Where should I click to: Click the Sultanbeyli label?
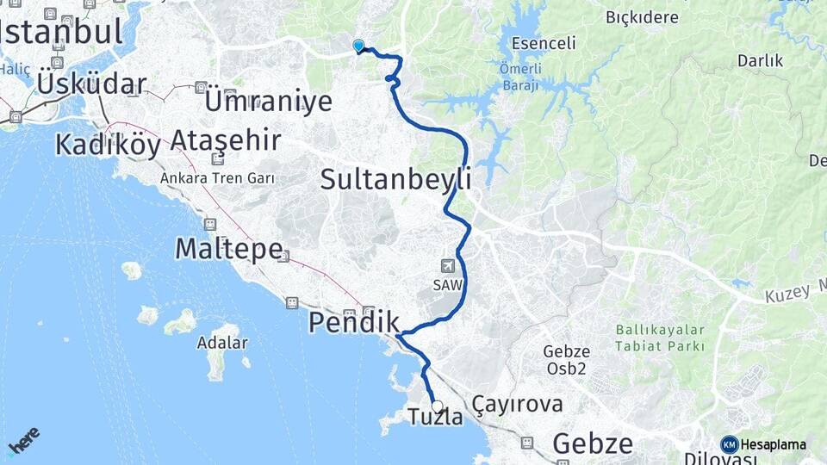[395, 179]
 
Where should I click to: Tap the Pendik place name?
[354, 322]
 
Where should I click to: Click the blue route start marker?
[358, 46]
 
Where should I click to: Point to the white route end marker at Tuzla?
[437, 406]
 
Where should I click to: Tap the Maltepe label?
[228, 249]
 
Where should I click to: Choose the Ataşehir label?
[225, 139]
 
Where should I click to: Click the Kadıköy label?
[108, 145]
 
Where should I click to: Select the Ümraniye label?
[268, 101]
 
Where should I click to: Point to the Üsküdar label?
[91, 84]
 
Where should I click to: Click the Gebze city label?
[592, 443]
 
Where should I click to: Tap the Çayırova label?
[517, 404]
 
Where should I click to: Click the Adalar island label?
[222, 343]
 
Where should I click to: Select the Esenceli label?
[543, 42]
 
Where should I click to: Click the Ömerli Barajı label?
[519, 75]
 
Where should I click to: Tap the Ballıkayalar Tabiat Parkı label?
[660, 338]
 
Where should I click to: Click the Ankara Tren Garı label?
[217, 178]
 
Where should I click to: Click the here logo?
[23, 440]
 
